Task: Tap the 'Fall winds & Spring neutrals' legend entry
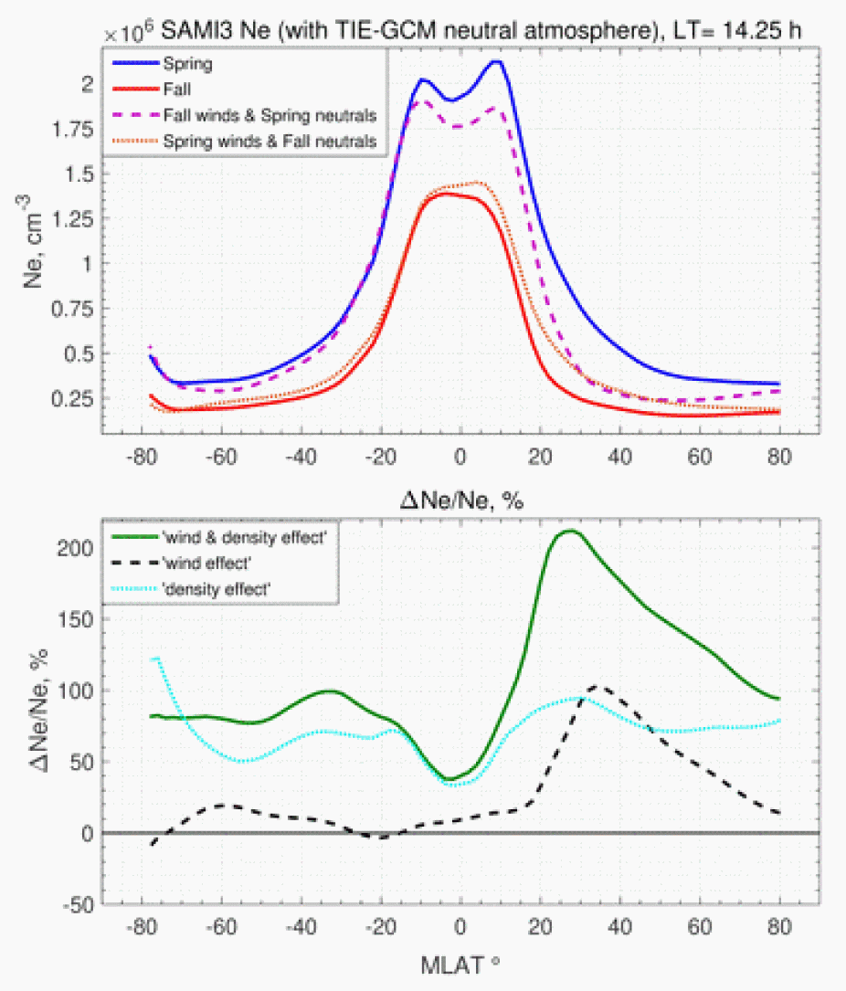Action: (x=270, y=116)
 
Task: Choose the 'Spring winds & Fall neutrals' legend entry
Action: (x=270, y=142)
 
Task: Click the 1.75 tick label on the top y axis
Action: (x=75, y=130)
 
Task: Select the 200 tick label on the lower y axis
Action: (x=82, y=548)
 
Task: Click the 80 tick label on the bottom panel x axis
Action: (x=779, y=928)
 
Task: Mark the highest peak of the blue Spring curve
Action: (x=496, y=61)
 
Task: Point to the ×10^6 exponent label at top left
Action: (x=123, y=32)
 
